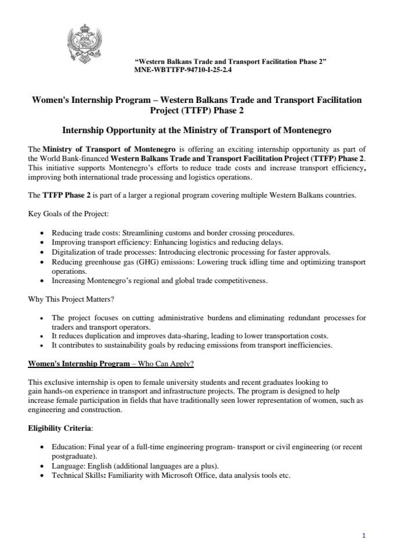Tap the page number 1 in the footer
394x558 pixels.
363,536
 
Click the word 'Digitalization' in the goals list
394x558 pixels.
74,252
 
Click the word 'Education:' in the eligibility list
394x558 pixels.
69,446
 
